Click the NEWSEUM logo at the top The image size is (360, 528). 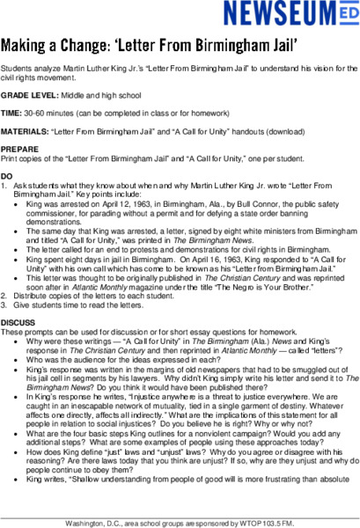click(x=290, y=15)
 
